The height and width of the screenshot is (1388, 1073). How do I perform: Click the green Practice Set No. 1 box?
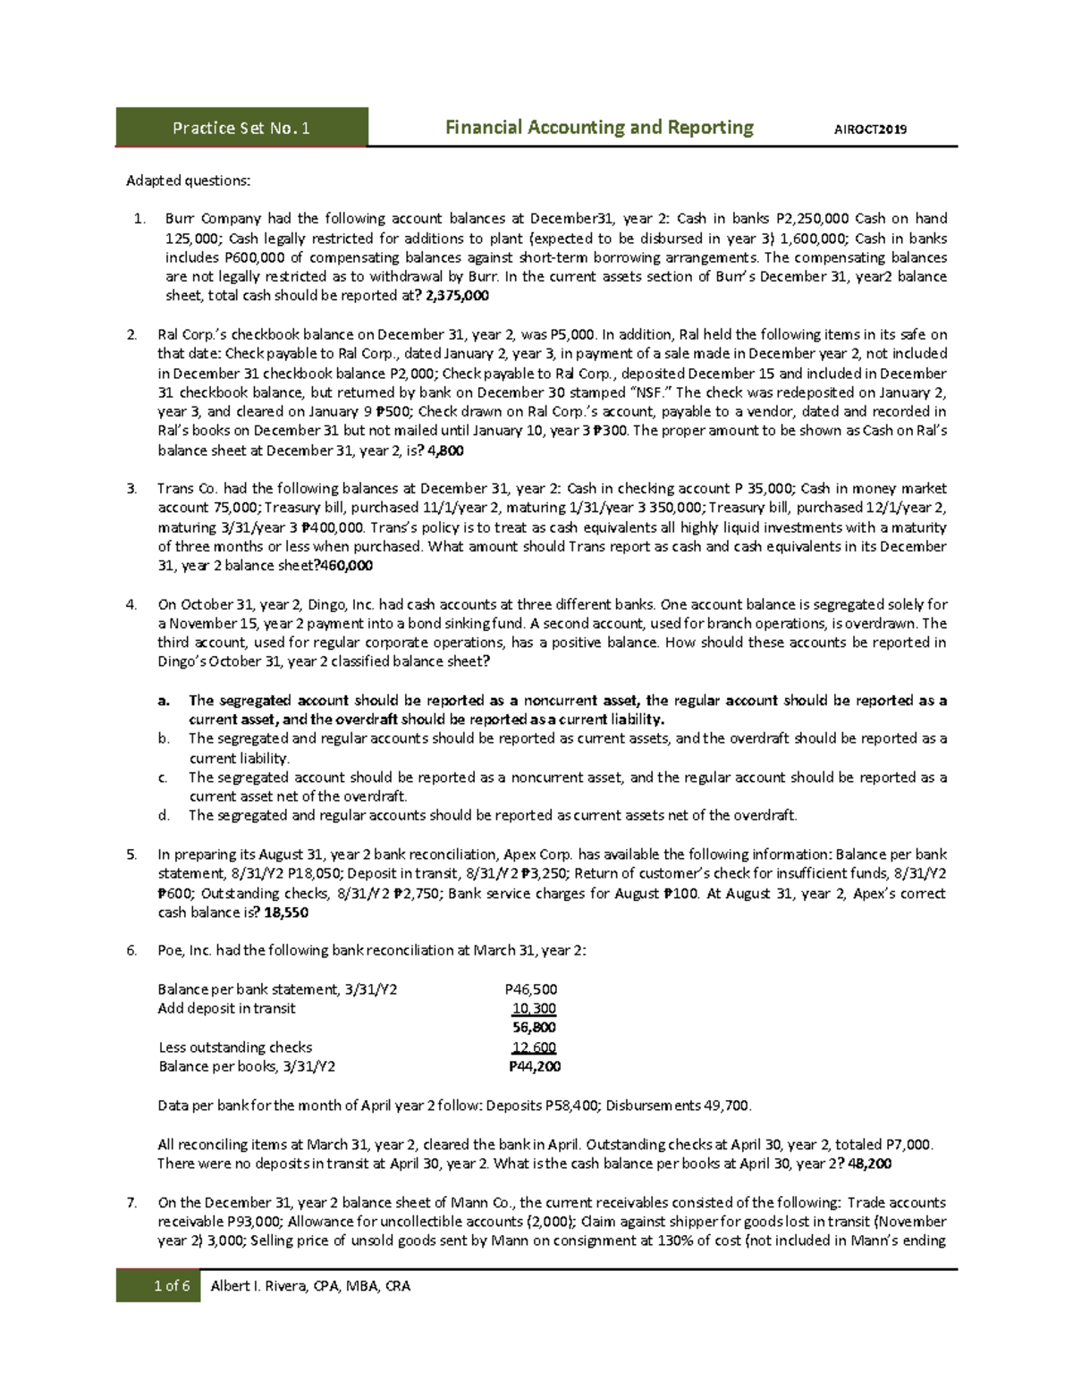click(241, 127)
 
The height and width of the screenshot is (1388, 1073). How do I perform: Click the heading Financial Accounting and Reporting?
click(599, 127)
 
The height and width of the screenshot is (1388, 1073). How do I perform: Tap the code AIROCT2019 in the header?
click(870, 129)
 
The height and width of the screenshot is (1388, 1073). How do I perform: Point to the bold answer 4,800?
click(446, 450)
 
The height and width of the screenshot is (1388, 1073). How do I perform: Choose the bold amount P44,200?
click(535, 1066)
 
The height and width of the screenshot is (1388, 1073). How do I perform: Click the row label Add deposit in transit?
click(226, 1008)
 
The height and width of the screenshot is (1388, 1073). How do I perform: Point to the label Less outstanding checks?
click(235, 1047)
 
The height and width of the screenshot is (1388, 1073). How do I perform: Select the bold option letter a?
click(163, 701)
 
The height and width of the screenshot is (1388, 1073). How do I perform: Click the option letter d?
click(163, 815)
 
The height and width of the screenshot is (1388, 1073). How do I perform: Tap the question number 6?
click(131, 950)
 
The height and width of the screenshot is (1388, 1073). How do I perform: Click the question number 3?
click(131, 489)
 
